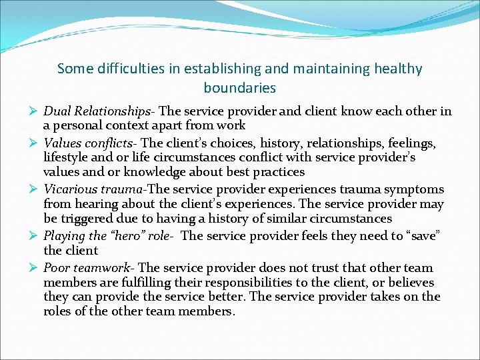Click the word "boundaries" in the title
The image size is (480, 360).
[x=240, y=88]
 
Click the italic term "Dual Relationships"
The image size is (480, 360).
[x=97, y=111]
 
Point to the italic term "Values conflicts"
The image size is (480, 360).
[x=90, y=143]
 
